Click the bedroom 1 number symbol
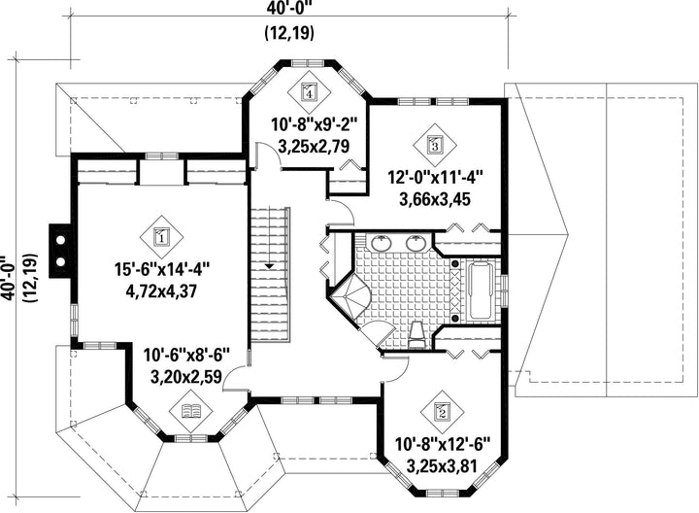162,237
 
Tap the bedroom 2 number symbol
443,411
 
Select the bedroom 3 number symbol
435,144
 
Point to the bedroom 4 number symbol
309,93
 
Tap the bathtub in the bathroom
480,291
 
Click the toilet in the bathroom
417,335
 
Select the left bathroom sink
382,243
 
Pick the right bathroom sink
416,243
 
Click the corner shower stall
350,295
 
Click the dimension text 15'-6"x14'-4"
162,270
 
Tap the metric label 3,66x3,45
435,199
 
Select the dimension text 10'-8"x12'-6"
443,444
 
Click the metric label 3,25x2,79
314,147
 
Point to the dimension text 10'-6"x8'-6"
186,356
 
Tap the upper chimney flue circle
60,240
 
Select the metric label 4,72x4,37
162,291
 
